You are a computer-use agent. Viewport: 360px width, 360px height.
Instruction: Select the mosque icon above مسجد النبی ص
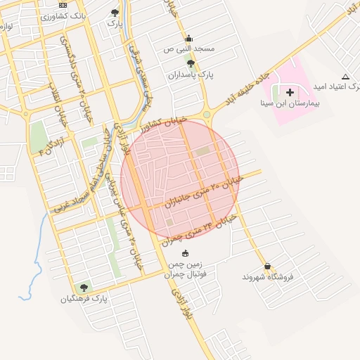pyautogui.click(x=188, y=39)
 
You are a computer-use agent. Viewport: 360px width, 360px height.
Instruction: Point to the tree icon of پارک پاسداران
pyautogui.click(x=190, y=63)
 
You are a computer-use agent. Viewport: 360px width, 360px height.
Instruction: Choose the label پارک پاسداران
pyautogui.click(x=190, y=74)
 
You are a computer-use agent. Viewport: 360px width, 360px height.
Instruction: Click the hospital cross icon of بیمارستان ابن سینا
pyautogui.click(x=290, y=92)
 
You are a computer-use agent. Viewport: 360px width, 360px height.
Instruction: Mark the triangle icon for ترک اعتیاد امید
pyautogui.click(x=345, y=77)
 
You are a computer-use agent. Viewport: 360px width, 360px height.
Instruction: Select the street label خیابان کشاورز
pyautogui.click(x=164, y=125)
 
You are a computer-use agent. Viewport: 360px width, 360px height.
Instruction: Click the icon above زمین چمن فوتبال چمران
pyautogui.click(x=185, y=253)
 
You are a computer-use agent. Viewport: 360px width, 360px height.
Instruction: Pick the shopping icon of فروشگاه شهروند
pyautogui.click(x=267, y=266)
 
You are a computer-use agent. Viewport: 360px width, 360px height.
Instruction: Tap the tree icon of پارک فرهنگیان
pyautogui.click(x=84, y=288)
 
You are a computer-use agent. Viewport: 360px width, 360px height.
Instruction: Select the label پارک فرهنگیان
pyautogui.click(x=84, y=298)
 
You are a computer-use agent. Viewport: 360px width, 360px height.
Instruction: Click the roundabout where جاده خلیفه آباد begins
pyautogui.click(x=207, y=115)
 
